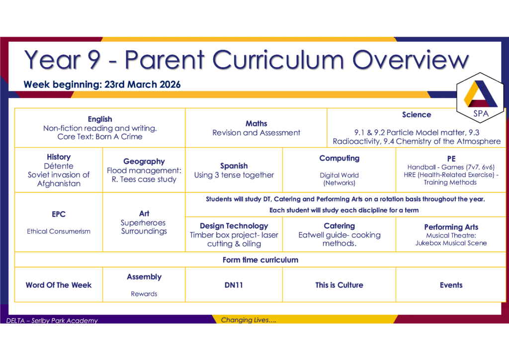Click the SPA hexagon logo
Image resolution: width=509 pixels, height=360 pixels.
[481, 98]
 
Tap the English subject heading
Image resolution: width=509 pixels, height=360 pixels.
[100, 119]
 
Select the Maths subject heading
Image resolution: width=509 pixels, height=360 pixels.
[256, 124]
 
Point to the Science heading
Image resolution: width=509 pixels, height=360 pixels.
[417, 114]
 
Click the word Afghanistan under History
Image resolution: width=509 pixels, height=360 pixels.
[59, 184]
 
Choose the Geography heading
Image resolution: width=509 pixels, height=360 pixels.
[144, 162]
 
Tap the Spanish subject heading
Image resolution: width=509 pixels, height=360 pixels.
[234, 166]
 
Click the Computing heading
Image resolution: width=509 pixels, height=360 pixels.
[339, 159]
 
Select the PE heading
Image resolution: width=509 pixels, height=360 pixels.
[451, 159]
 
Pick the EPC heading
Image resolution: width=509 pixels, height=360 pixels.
[59, 214]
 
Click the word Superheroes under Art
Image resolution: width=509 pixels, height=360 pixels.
[143, 223]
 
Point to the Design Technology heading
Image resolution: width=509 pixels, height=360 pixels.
[234, 226]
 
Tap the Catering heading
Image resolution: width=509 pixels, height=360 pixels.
[339, 226]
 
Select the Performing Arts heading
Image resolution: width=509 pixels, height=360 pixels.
[451, 227]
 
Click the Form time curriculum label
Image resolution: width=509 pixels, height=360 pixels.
[260, 260]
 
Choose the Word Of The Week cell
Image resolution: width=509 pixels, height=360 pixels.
[59, 285]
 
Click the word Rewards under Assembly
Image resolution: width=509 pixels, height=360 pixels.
[144, 294]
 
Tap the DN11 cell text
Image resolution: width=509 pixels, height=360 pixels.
[234, 285]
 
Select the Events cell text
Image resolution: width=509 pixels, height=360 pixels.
[451, 285]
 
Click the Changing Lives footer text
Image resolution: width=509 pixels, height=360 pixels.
[249, 320]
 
